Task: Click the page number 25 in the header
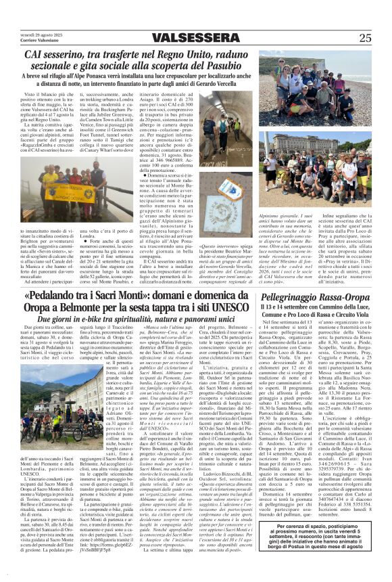click(x=365, y=39)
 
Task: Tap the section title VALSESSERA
click(x=196, y=39)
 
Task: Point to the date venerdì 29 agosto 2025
click(x=40, y=34)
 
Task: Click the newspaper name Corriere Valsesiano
click(x=37, y=42)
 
